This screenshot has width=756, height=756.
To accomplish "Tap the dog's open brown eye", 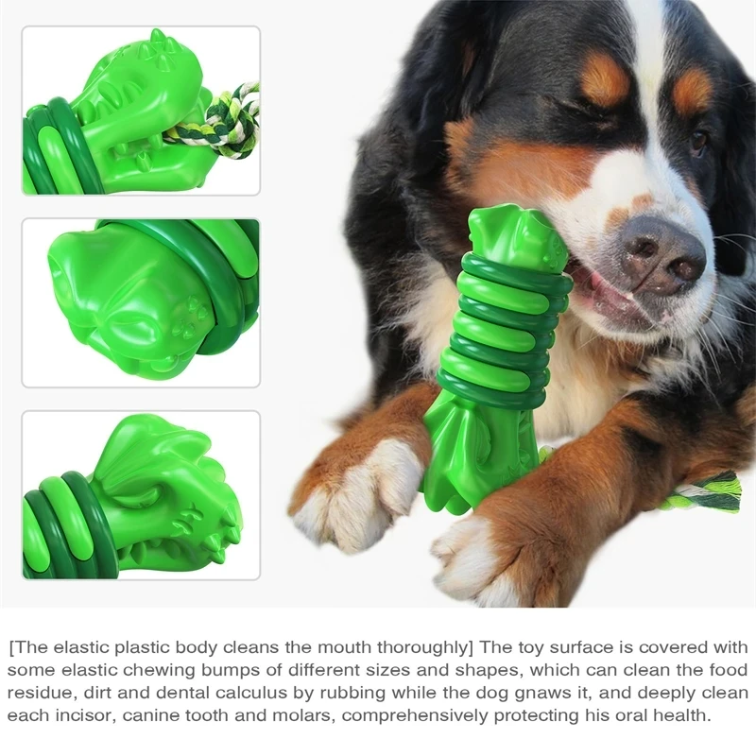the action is coord(697,141).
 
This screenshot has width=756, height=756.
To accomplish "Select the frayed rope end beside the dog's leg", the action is coord(705,491).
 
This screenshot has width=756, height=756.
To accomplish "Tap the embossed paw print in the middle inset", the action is coord(192,316).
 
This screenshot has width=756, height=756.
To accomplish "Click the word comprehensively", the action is coord(415,716).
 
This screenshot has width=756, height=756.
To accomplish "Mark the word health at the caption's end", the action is coord(680,715).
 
